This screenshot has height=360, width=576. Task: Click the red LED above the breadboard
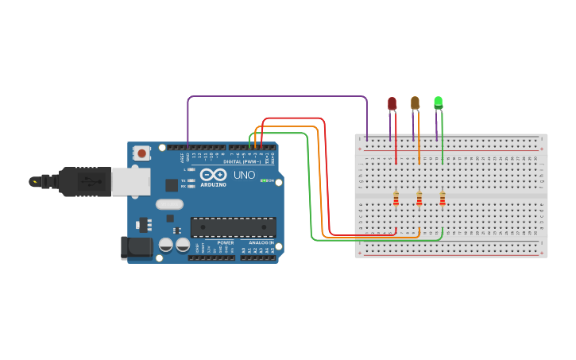click(x=392, y=103)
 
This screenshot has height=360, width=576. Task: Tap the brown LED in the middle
click(x=415, y=103)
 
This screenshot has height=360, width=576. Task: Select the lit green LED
click(x=438, y=103)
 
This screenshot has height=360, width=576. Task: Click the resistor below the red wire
click(x=396, y=199)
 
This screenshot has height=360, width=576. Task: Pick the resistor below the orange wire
click(x=419, y=199)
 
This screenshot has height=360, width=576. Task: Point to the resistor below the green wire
click(x=442, y=199)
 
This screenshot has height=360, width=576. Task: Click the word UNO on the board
click(x=244, y=175)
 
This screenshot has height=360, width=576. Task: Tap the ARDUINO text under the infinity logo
click(x=213, y=184)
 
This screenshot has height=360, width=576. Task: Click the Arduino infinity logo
click(x=213, y=174)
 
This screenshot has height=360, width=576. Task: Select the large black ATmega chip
click(x=233, y=227)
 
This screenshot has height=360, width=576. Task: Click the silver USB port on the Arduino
click(x=130, y=181)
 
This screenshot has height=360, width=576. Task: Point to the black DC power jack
click(x=137, y=247)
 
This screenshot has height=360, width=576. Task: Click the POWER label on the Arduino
click(x=226, y=242)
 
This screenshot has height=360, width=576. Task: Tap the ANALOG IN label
click(x=261, y=242)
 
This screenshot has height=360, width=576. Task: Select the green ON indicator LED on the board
click(x=264, y=181)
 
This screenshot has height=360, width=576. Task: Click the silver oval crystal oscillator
click(x=170, y=204)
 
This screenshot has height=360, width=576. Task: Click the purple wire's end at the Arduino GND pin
click(x=187, y=146)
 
